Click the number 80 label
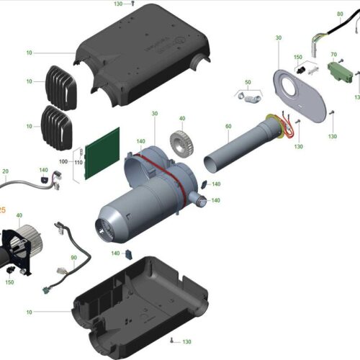point(339,14)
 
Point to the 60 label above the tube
point(228,126)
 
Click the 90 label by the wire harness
point(73,257)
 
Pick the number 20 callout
point(5,171)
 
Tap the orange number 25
point(2,210)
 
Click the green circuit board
point(102,153)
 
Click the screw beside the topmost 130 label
point(134,3)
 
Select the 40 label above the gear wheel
point(182,119)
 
